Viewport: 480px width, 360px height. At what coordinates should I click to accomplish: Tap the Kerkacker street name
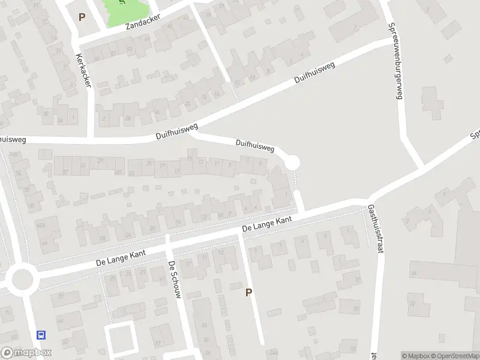click(83, 71)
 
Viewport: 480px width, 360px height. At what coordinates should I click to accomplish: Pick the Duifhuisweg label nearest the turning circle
click(255, 145)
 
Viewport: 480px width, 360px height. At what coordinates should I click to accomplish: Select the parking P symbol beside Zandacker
click(82, 17)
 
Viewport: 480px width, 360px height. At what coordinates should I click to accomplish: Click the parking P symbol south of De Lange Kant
click(248, 292)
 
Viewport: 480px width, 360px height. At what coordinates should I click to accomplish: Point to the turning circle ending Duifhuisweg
click(292, 163)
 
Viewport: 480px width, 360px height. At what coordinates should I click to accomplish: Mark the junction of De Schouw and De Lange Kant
click(168, 242)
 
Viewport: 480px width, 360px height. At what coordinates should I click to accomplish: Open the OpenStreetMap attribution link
click(455, 356)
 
